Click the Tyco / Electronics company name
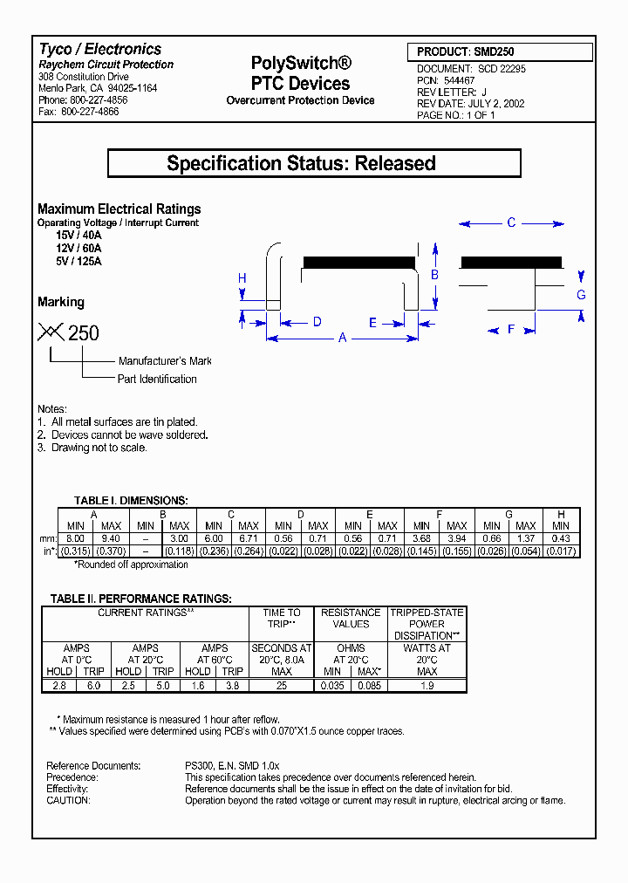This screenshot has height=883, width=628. [x=100, y=50]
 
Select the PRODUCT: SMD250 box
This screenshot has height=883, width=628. [x=492, y=52]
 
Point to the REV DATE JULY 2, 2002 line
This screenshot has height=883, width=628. [x=470, y=103]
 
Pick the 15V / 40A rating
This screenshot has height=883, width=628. [x=78, y=236]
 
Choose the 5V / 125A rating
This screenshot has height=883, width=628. [x=78, y=261]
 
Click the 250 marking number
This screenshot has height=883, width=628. [x=84, y=333]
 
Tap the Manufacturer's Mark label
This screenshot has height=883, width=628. [x=165, y=361]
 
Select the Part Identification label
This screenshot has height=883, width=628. [x=157, y=380]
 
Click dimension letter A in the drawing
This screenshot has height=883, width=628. [x=343, y=338]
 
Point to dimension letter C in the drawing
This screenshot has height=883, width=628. [x=512, y=223]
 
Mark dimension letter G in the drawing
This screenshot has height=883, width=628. [x=581, y=295]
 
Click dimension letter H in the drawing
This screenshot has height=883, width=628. [x=242, y=279]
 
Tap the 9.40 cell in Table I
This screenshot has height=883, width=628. [x=111, y=537]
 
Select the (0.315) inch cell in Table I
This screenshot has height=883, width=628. [x=76, y=551]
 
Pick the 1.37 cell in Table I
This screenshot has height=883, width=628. [x=526, y=537]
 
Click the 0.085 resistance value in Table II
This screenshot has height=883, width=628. [x=370, y=686]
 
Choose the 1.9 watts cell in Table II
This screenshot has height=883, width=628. [x=427, y=686]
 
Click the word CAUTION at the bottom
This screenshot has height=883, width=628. [x=68, y=800]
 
